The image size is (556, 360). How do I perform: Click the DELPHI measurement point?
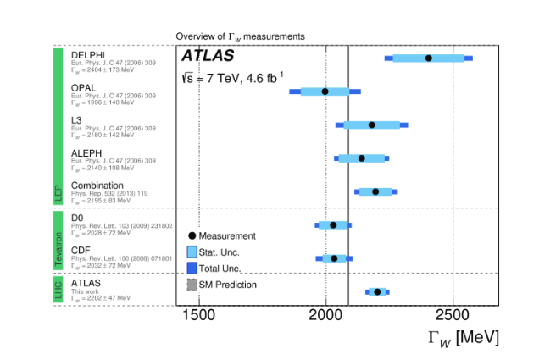[x=428, y=58]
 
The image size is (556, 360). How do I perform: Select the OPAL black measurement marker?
[x=325, y=91]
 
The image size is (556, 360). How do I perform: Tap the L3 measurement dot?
[x=371, y=125]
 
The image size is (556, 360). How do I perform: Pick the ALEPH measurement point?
[x=362, y=158]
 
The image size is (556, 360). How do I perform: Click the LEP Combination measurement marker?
[x=375, y=191]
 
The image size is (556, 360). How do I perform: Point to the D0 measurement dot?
[x=333, y=225]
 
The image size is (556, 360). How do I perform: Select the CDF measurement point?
[x=334, y=258]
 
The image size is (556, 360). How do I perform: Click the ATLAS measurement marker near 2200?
[x=377, y=291]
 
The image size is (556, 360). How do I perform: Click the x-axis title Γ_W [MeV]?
[x=463, y=337]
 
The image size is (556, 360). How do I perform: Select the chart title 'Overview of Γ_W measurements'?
[x=240, y=36]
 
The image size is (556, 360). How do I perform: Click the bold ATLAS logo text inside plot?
[x=209, y=56]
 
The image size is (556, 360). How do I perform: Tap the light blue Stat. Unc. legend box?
[x=192, y=252]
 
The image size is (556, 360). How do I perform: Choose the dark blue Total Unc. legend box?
[x=192, y=268]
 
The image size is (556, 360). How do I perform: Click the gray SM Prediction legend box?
[x=192, y=284]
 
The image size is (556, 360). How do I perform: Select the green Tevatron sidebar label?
[x=58, y=241]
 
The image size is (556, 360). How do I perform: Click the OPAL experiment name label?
[x=85, y=87]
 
